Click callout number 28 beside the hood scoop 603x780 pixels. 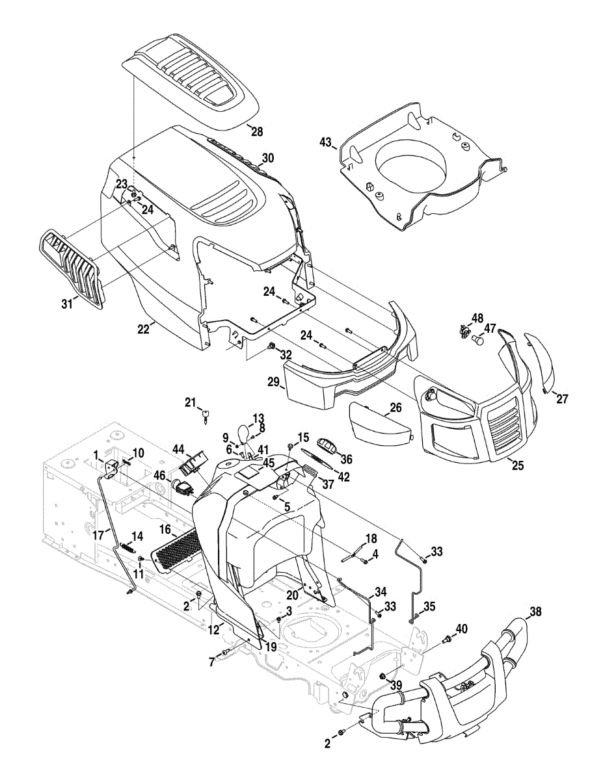(257, 132)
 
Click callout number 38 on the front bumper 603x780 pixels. (535, 612)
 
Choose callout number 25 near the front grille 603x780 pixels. (516, 466)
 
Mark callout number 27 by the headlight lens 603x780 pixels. (561, 399)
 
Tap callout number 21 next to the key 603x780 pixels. (189, 403)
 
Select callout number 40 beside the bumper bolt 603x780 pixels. (461, 629)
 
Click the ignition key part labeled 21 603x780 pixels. (206, 415)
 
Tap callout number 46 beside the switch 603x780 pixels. (159, 476)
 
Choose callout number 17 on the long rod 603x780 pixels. (98, 536)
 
